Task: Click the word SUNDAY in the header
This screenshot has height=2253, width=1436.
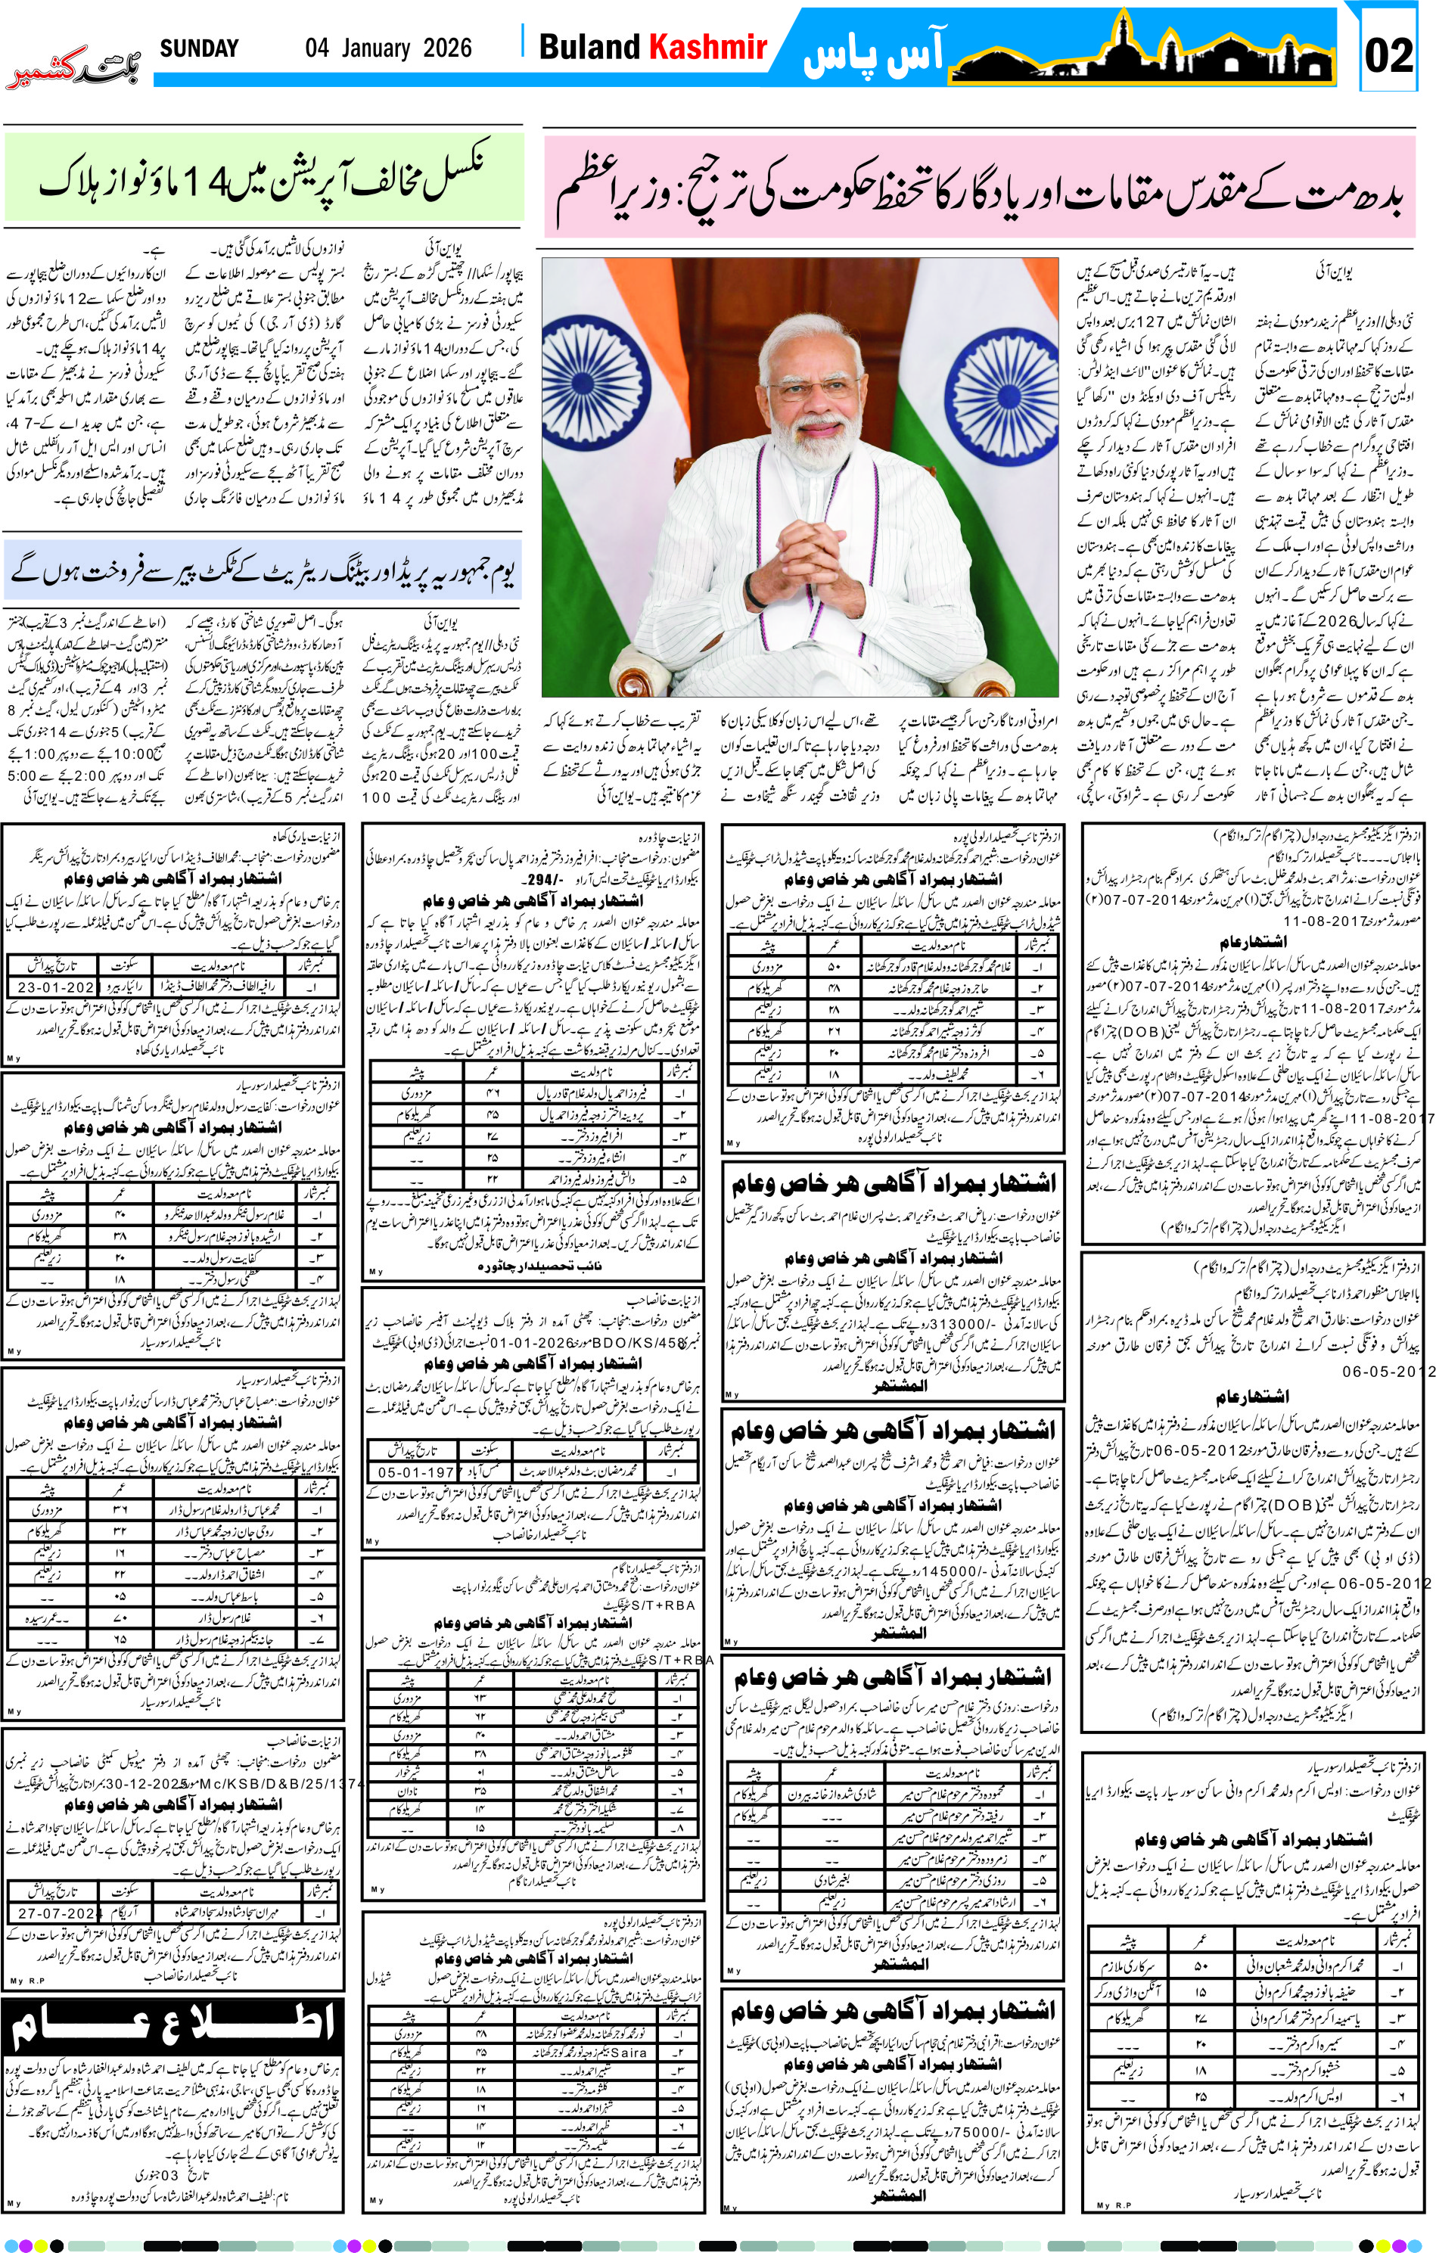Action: coord(198,48)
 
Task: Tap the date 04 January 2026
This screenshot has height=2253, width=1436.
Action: coord(387,48)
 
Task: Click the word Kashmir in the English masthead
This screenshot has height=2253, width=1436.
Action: coord(708,47)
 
